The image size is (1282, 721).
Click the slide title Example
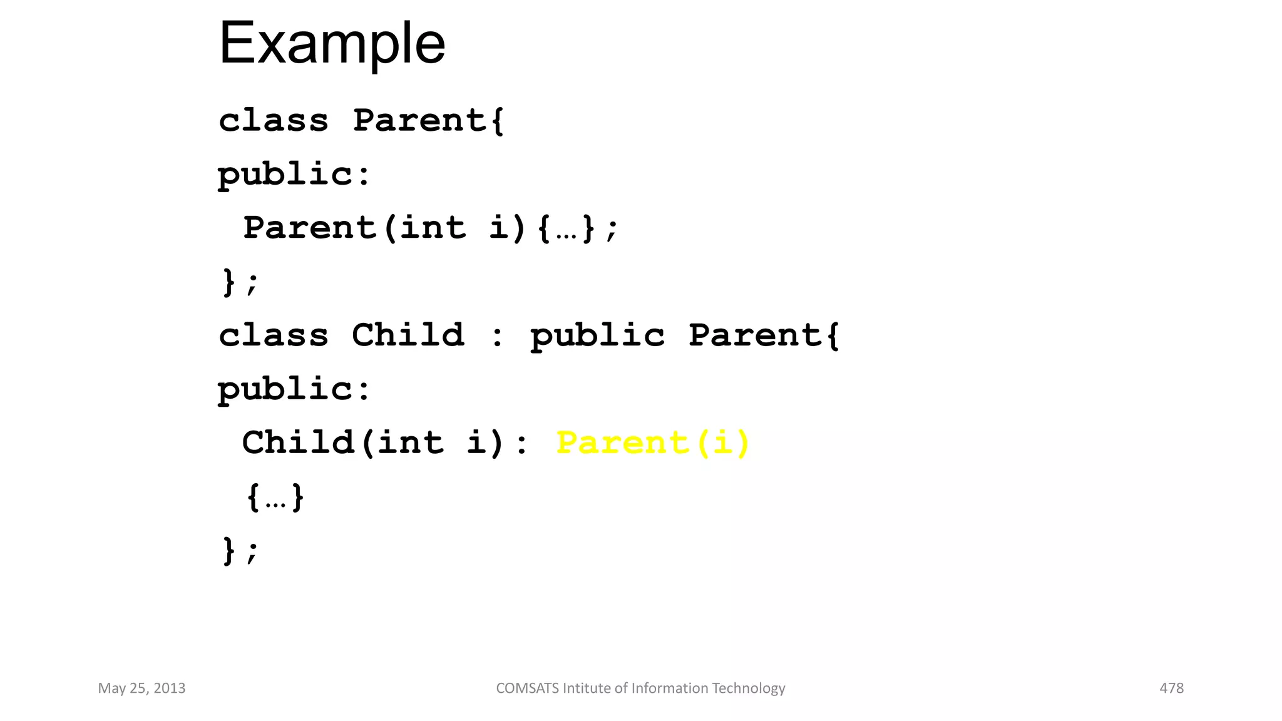click(x=332, y=44)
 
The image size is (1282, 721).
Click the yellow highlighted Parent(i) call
click(x=652, y=443)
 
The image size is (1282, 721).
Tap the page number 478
click(x=1171, y=688)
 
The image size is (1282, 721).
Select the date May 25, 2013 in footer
click(x=142, y=688)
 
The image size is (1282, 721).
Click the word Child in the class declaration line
click(x=408, y=335)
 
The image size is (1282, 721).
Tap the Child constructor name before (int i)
click(x=298, y=443)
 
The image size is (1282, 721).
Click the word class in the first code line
click(x=274, y=120)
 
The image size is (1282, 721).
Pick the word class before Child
click(x=274, y=335)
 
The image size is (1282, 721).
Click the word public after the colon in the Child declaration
click(x=597, y=336)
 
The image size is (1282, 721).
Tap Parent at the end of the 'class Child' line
click(x=756, y=335)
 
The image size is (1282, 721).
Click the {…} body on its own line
click(x=275, y=498)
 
